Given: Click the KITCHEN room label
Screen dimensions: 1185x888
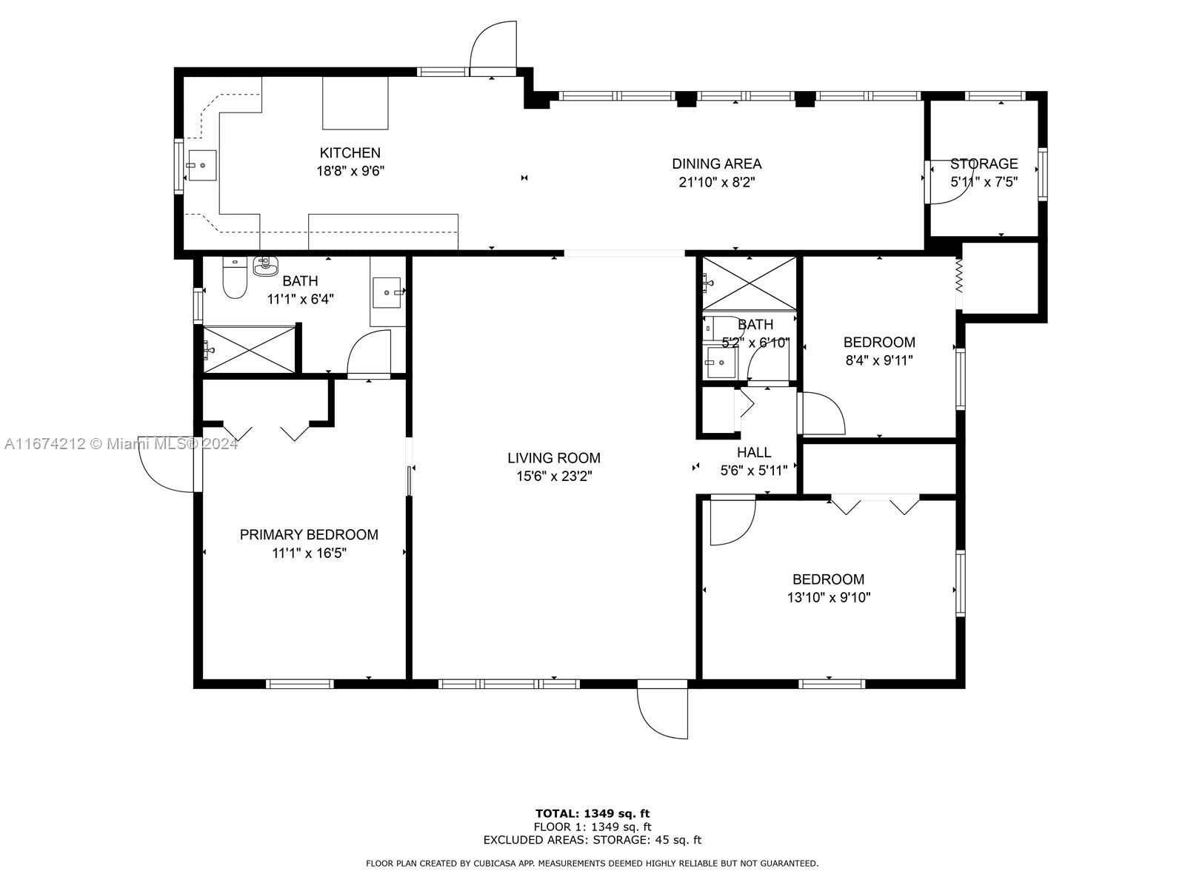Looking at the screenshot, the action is click(350, 152).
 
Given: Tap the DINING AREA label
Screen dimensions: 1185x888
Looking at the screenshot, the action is click(716, 164).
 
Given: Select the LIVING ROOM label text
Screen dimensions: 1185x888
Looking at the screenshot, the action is click(554, 458).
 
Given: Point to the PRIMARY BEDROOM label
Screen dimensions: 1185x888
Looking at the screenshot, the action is click(309, 534).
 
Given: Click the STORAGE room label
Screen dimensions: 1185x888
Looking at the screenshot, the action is click(984, 164).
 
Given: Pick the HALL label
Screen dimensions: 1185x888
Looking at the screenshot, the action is click(754, 452).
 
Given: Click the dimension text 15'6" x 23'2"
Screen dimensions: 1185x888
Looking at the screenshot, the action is click(554, 476).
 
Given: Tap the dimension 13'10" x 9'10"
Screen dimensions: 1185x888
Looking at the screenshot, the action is click(829, 597).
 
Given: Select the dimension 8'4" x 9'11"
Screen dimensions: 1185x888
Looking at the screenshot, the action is click(879, 360).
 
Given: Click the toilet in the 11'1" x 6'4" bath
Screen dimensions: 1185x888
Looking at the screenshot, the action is click(235, 278).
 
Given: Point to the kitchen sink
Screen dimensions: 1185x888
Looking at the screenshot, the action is click(201, 166).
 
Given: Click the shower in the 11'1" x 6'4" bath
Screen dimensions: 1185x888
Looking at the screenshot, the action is click(250, 349).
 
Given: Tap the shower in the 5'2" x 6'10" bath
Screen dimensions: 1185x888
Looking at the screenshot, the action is click(750, 283).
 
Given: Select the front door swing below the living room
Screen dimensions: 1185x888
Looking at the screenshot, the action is click(662, 710).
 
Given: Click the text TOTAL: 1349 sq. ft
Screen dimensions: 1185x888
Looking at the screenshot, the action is click(592, 813).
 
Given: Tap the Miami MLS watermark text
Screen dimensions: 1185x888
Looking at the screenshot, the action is click(121, 444).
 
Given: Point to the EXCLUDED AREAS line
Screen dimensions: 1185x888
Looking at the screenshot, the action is click(592, 839).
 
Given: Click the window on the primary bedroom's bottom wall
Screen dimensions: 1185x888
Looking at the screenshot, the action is click(300, 684).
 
